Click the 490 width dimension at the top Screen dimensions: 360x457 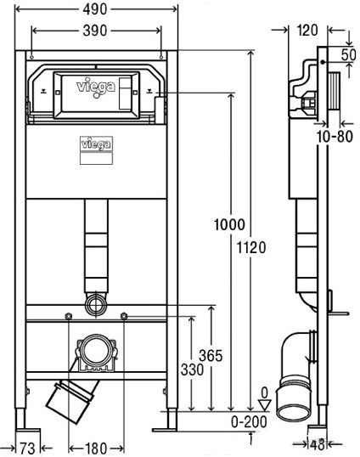pyautogui.click(x=94, y=9)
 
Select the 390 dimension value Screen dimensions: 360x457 pyautogui.click(x=95, y=31)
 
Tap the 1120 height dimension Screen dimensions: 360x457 pyautogui.click(x=251, y=248)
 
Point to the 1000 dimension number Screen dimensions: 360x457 pyautogui.click(x=229, y=225)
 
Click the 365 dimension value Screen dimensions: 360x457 pyautogui.click(x=211, y=356)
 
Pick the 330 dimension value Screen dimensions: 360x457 pyautogui.click(x=192, y=370)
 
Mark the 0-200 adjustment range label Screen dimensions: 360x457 pyautogui.click(x=249, y=421)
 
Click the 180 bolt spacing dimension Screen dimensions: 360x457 pyautogui.click(x=96, y=448)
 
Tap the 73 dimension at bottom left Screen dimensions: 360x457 pyautogui.click(x=27, y=449)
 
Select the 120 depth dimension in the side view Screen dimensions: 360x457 pyautogui.click(x=307, y=31)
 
